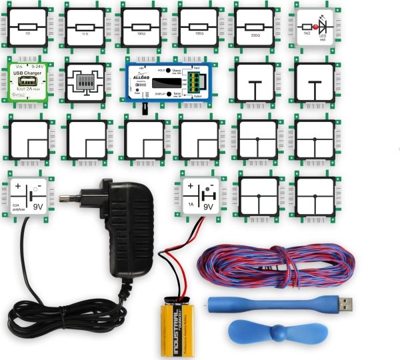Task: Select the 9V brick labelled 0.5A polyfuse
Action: click(29, 194)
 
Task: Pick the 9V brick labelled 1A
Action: click(201, 194)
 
